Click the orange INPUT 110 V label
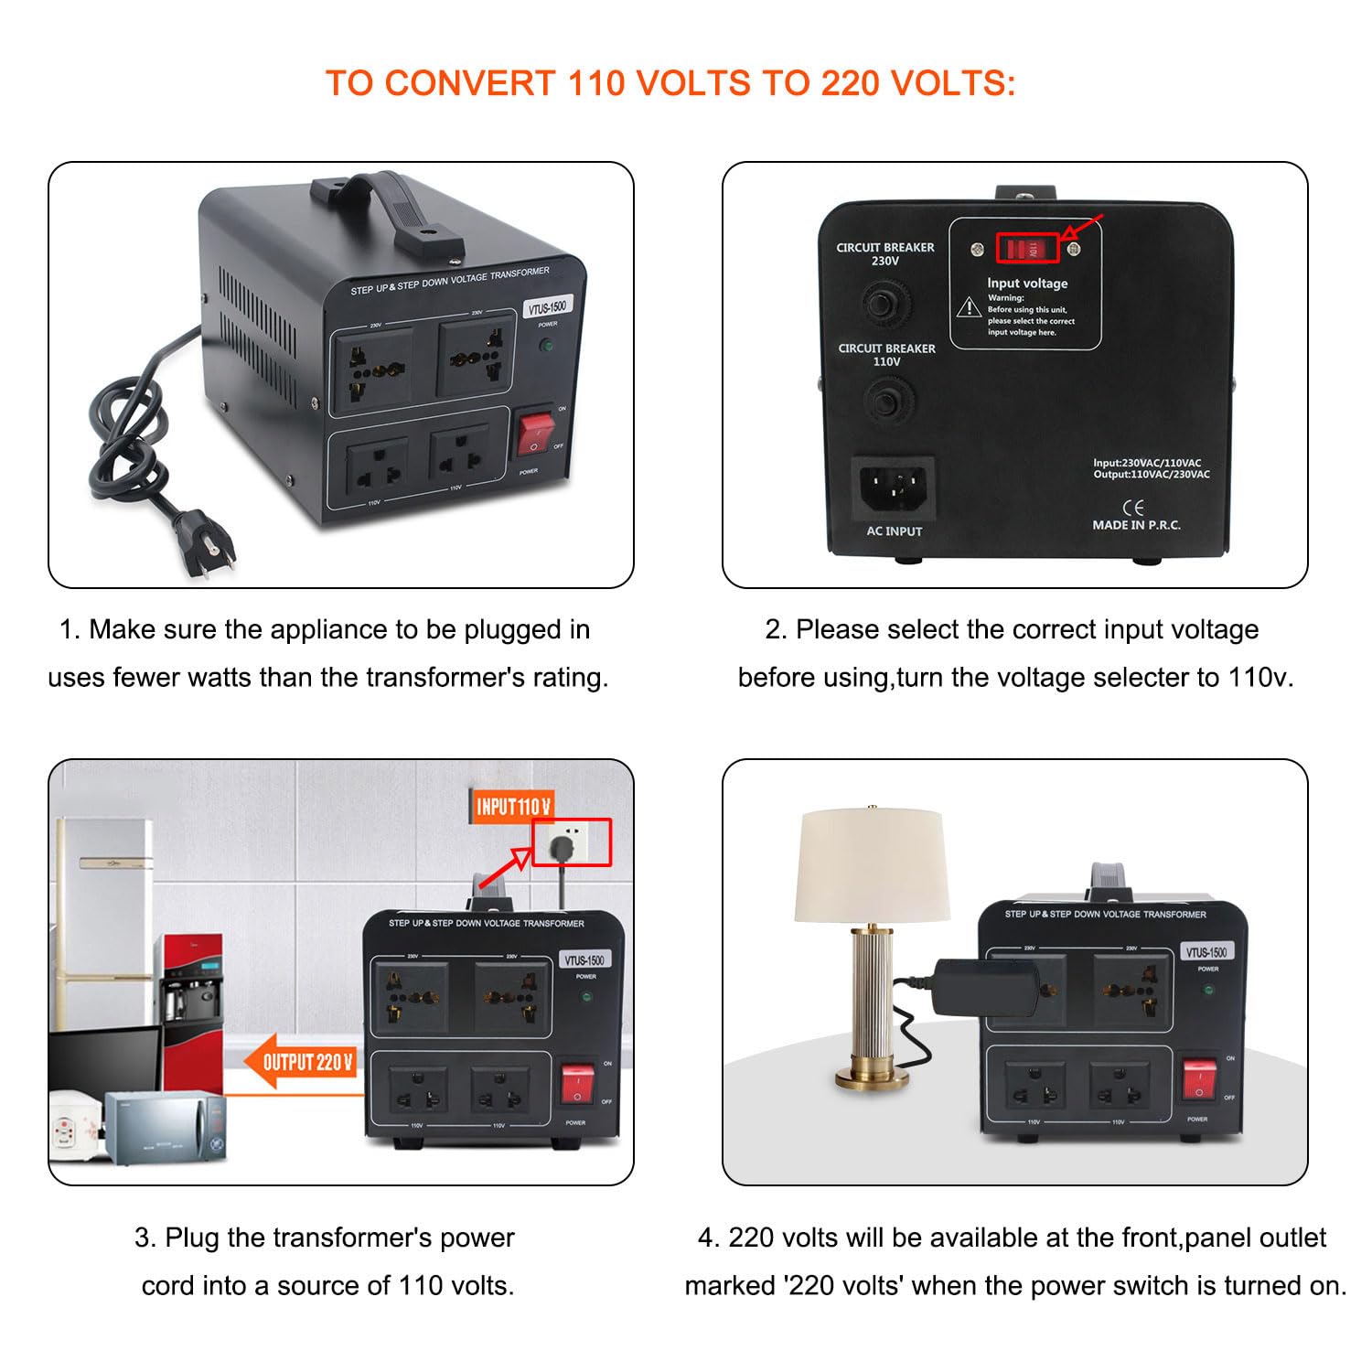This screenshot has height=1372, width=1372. [512, 806]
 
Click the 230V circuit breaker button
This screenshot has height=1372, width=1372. [884, 302]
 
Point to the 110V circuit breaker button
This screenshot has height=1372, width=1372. [885, 401]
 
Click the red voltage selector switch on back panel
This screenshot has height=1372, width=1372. [1027, 248]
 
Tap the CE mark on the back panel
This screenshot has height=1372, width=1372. [1132, 508]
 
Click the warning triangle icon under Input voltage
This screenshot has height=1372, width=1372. [969, 307]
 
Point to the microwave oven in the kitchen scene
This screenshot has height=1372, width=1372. [165, 1127]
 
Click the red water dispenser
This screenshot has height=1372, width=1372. [192, 988]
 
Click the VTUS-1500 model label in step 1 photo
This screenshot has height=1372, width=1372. [547, 307]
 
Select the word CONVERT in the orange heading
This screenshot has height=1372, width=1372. [469, 83]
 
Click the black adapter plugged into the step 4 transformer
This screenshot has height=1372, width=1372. [987, 988]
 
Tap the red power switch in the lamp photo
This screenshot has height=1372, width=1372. [1199, 1079]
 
